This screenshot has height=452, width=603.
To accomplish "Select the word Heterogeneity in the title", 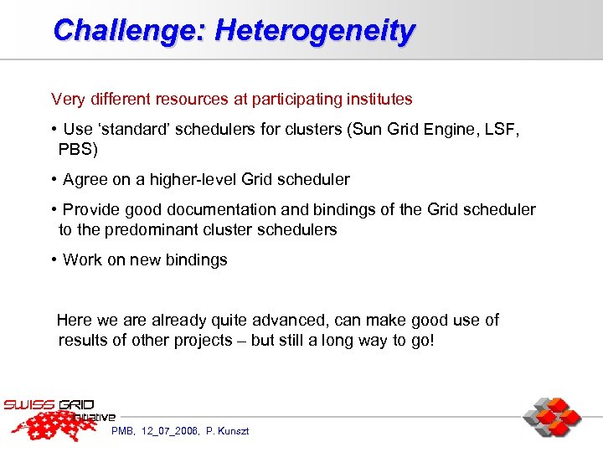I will click(x=315, y=31).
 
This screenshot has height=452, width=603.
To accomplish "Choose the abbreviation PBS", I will click(x=76, y=150).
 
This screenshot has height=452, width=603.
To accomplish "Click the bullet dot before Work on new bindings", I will click(x=54, y=260).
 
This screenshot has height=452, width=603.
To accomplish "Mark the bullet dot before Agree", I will click(x=54, y=180).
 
